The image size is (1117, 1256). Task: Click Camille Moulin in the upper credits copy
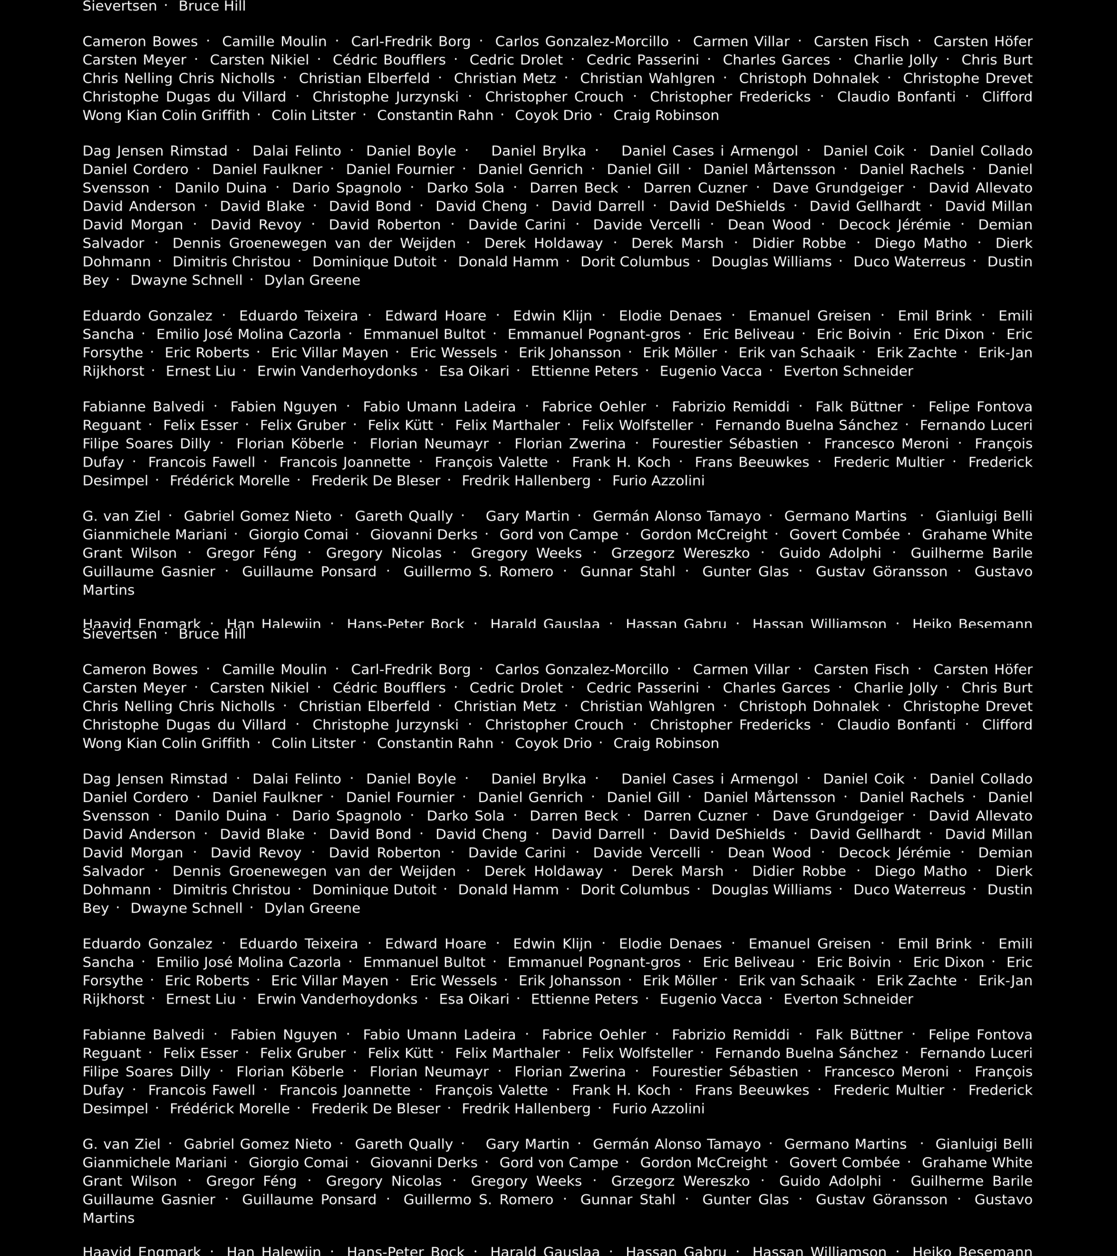click(274, 42)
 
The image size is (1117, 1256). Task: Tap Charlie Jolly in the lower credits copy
click(896, 688)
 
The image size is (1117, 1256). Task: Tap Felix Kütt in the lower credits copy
click(400, 1053)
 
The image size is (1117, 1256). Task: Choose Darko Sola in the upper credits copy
click(465, 188)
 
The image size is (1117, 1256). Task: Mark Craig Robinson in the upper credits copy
click(666, 116)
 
